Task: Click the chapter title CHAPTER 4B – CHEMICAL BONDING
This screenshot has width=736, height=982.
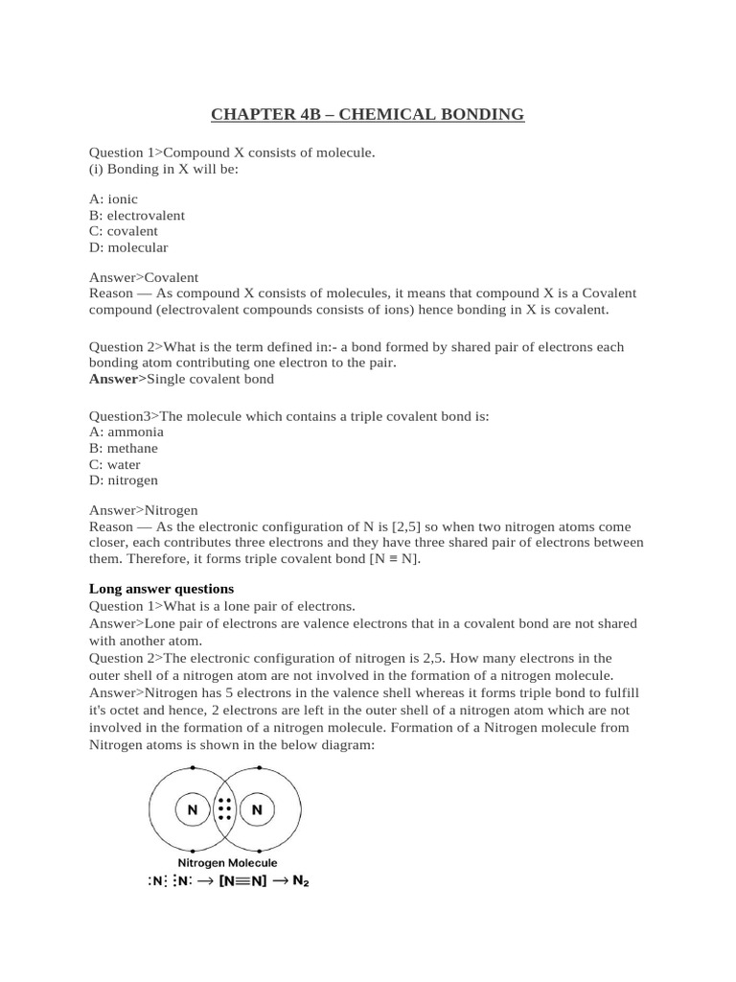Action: click(368, 115)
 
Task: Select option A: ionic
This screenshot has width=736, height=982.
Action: click(113, 199)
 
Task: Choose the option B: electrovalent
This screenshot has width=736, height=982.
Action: click(137, 215)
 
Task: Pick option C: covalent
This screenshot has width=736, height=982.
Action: click(124, 231)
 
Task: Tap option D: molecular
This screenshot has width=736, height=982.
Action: click(128, 247)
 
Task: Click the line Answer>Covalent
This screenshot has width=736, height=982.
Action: click(144, 277)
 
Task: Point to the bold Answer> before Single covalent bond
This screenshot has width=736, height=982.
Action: click(117, 379)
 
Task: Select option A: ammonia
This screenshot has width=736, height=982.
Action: click(126, 433)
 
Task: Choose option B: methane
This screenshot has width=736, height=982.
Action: click(124, 449)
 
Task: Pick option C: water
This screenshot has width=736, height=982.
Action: click(115, 465)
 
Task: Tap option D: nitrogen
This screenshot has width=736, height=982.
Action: click(124, 480)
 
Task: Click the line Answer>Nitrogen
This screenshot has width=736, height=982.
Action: click(144, 510)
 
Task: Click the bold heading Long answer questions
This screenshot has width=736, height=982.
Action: click(161, 589)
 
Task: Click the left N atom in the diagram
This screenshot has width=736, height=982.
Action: click(193, 810)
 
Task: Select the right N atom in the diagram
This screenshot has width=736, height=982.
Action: click(257, 810)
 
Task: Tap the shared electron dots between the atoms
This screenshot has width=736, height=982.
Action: click(225, 810)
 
